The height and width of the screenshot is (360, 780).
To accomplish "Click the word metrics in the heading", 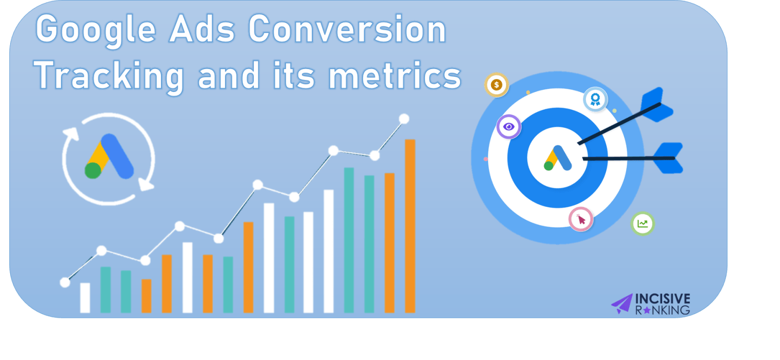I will [x=395, y=76].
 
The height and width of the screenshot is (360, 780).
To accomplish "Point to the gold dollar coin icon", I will [x=497, y=85].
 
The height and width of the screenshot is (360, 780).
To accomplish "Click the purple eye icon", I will [x=509, y=126].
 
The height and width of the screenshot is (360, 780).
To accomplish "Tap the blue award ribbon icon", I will [x=595, y=99].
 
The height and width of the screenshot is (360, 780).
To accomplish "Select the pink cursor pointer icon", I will [x=581, y=219].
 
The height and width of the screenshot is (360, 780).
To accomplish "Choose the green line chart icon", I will [x=642, y=224].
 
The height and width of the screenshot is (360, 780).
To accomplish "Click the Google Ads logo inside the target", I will [x=558, y=158].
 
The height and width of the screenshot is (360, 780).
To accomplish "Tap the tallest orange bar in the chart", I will [x=410, y=225].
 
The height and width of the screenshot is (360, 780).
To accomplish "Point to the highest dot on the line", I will [x=404, y=119].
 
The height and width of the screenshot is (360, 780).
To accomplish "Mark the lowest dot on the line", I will [x=65, y=282].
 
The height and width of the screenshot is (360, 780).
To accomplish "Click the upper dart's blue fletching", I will [x=657, y=105].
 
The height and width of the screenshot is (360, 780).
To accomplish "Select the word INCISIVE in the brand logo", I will [x=663, y=299].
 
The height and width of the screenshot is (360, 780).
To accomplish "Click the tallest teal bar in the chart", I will [x=349, y=240].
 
